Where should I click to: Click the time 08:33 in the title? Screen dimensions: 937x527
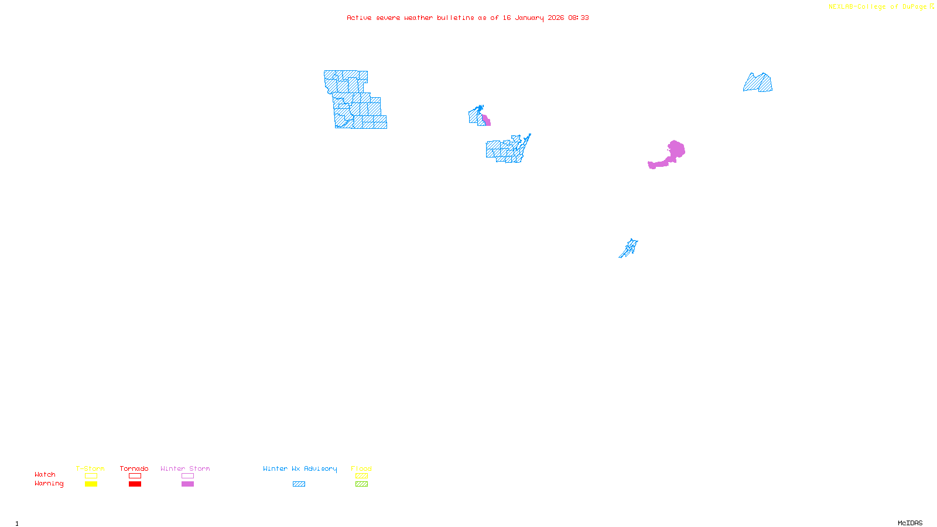click(578, 18)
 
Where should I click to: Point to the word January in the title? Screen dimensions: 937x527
click(529, 18)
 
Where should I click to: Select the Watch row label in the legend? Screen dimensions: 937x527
click(45, 475)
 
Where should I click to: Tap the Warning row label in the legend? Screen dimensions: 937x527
click(49, 484)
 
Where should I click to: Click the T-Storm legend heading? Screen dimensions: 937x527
click(90, 468)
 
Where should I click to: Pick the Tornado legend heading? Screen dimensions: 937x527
click(134, 468)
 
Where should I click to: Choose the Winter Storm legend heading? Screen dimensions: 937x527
click(185, 468)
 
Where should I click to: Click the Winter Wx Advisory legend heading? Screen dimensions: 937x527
click(300, 468)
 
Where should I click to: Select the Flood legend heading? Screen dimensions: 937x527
click(361, 468)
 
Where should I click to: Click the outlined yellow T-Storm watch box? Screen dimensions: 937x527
click(91, 476)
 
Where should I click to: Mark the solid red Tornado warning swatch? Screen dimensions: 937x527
click(135, 484)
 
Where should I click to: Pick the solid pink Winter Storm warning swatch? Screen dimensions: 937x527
click(187, 484)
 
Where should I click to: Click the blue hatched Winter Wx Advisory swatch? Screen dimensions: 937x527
click(299, 484)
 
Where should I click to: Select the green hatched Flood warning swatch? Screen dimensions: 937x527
click(361, 484)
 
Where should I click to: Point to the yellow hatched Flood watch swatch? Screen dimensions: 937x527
click(361, 476)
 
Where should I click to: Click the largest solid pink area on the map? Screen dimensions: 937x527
click(675, 152)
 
